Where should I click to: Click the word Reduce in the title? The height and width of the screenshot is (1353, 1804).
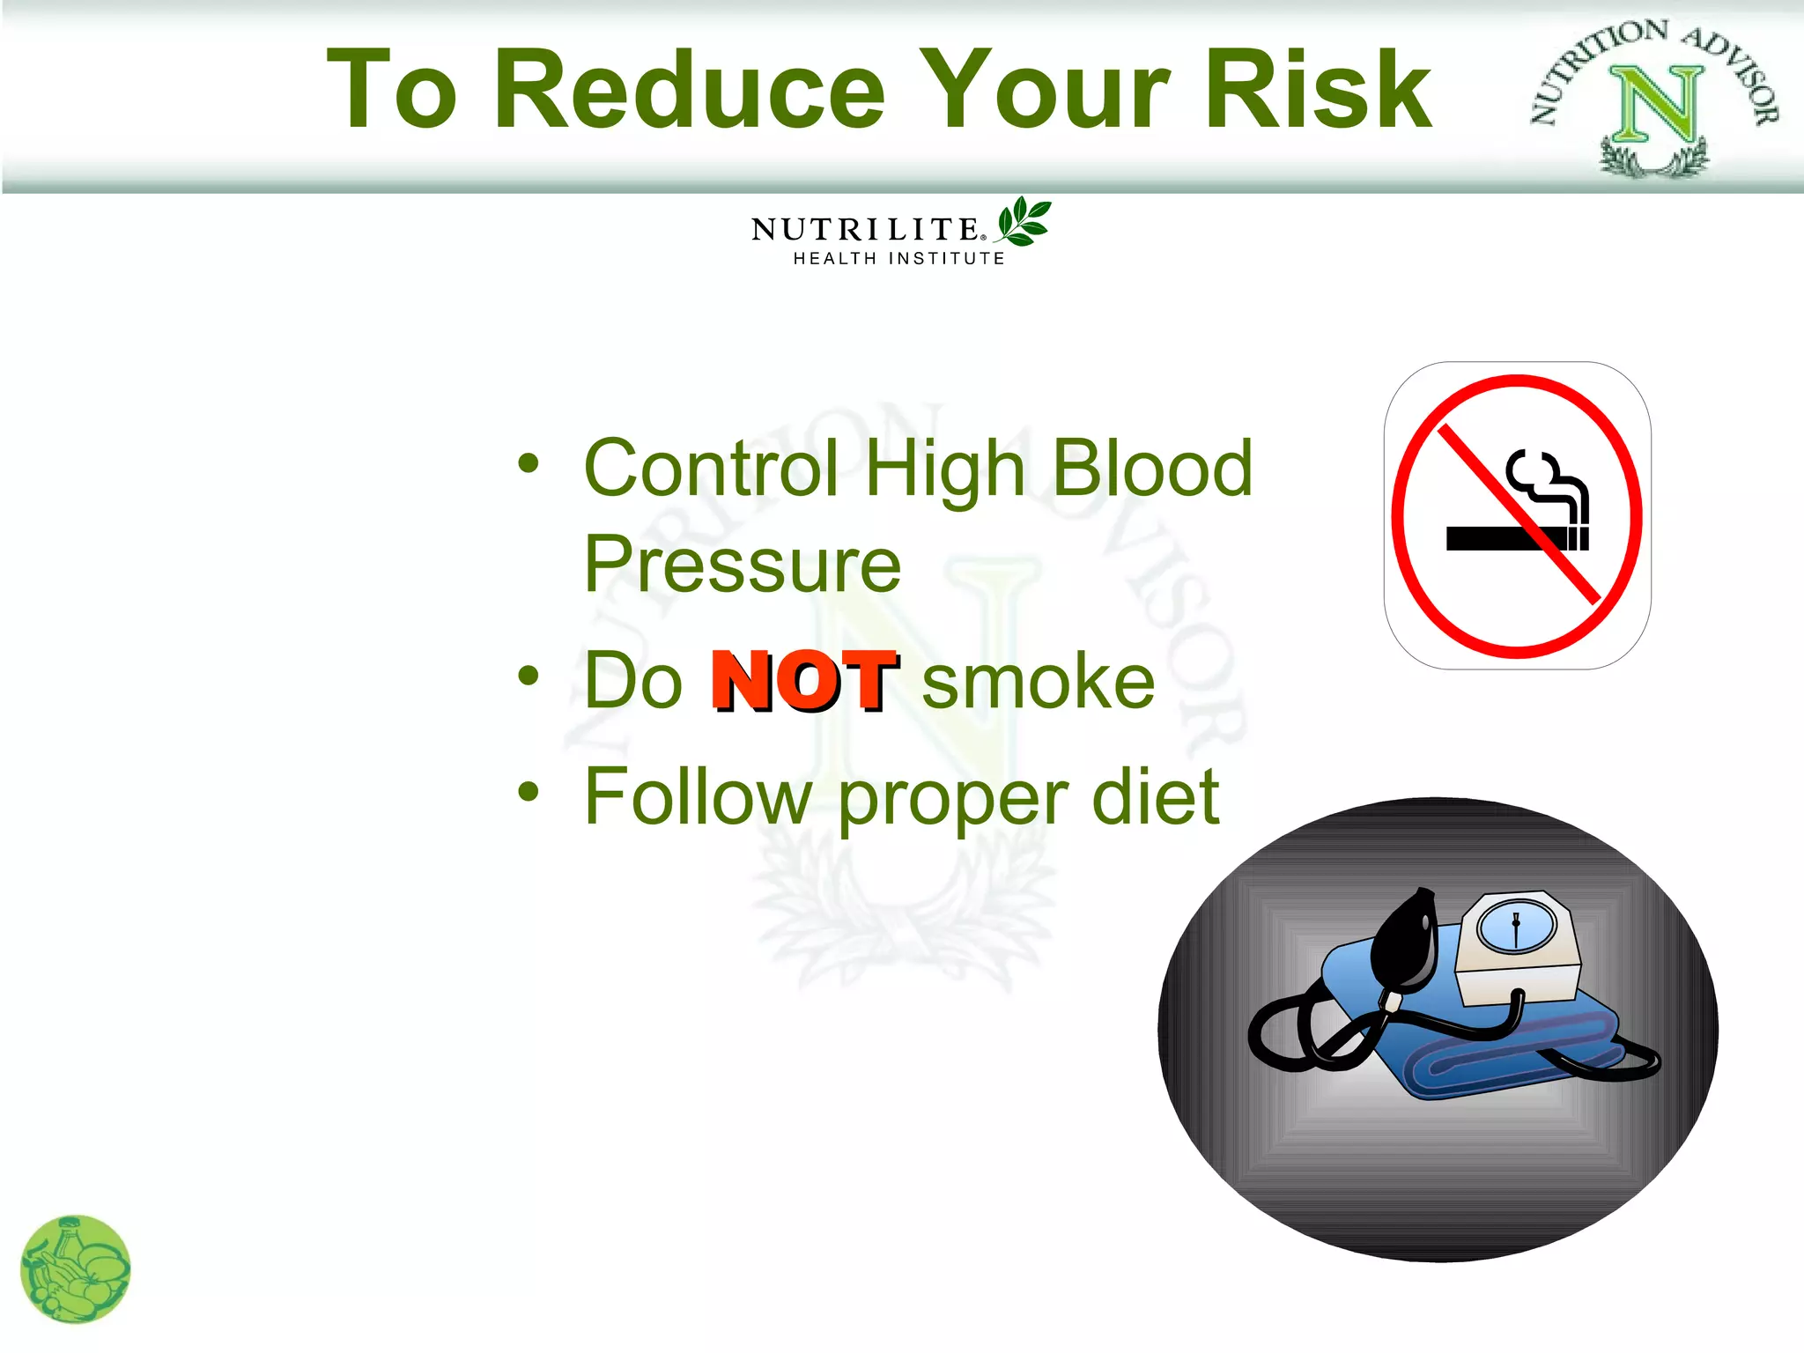click(x=690, y=90)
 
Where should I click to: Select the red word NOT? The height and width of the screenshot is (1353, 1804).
click(x=803, y=680)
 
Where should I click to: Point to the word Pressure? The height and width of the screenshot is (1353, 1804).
click(x=743, y=565)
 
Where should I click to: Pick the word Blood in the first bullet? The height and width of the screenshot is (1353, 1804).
click(x=1152, y=468)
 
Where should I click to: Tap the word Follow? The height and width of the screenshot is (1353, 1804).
click(x=698, y=796)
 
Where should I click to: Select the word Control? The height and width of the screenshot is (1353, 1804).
click(x=711, y=468)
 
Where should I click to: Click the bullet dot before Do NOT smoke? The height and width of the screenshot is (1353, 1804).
click(x=528, y=676)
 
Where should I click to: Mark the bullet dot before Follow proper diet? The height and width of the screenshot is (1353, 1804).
click(x=528, y=791)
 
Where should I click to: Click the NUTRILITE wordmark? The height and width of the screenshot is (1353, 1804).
click(x=865, y=230)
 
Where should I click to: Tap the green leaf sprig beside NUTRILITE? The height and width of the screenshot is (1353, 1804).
click(x=1023, y=220)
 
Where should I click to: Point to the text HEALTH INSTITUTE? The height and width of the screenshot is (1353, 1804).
click(x=898, y=258)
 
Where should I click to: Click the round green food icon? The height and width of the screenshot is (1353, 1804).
click(x=75, y=1269)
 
